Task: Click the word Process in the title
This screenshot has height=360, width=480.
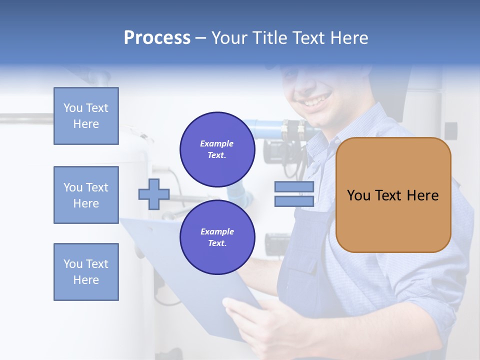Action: point(157,38)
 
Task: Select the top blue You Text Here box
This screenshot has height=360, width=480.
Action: point(86,116)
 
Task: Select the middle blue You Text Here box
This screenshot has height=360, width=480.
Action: point(86,195)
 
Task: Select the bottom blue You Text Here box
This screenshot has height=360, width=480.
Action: point(86,272)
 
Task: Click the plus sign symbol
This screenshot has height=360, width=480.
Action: point(154,194)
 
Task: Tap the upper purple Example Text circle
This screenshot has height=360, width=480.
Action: point(217,149)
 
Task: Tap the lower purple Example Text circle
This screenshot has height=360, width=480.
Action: point(217,237)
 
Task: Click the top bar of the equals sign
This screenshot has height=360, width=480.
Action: point(294,187)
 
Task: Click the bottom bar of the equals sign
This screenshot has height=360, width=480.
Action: point(294,201)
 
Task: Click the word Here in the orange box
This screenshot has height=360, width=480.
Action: point(422,195)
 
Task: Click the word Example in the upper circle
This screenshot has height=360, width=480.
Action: point(216,143)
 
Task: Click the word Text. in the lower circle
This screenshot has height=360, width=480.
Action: point(217,243)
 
